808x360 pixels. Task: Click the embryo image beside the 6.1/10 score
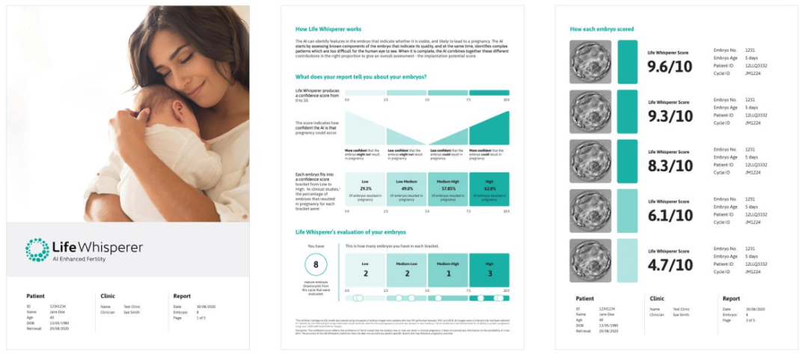[590, 210]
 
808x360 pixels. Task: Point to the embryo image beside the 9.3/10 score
[590, 112]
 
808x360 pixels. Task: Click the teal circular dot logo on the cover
[37, 250]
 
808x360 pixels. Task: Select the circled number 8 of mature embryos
[316, 265]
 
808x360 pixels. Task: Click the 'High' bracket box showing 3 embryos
[489, 269]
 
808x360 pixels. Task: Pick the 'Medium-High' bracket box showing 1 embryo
[448, 269]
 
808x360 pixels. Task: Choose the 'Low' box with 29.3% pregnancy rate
[364, 189]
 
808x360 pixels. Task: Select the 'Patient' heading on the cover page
[35, 296]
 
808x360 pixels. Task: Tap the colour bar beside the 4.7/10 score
[627, 260]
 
